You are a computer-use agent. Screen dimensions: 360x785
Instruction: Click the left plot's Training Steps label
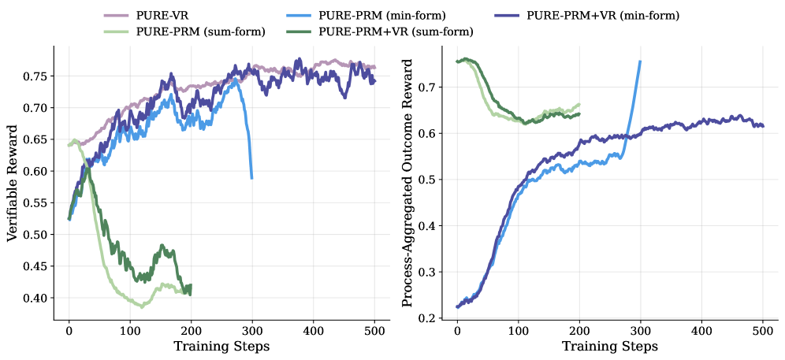221,346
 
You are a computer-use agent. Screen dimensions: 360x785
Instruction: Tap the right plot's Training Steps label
609,346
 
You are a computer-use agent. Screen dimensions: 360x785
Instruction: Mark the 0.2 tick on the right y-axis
427,318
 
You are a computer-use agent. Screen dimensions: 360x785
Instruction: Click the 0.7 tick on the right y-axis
427,87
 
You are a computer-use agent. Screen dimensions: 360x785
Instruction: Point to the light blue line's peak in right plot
640,61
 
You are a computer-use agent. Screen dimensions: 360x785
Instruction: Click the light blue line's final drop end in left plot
252,178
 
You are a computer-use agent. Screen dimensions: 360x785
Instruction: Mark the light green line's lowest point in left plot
143,306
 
